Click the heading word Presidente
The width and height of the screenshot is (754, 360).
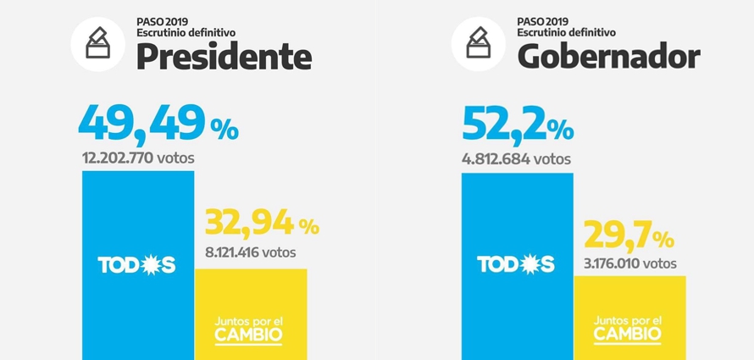224,57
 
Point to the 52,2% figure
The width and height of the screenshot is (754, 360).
518,124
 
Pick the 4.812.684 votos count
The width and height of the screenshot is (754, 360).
516,158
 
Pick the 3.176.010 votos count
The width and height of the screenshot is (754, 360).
630,263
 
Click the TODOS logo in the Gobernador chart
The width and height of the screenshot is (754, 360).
517,265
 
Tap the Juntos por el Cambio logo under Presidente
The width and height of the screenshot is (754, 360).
250,328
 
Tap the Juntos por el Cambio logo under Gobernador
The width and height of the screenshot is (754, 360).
629,328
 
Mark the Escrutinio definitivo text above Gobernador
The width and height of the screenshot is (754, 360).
566,31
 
